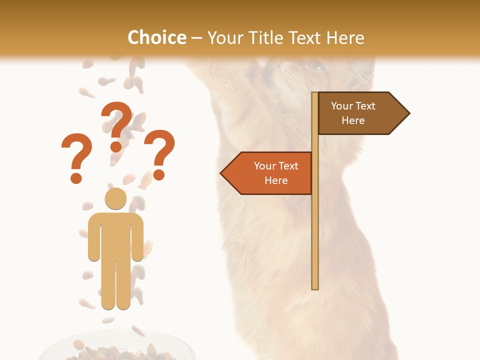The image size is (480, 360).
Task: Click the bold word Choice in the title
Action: pyautogui.click(x=156, y=37)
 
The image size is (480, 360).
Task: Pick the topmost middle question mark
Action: pyautogui.click(x=116, y=125)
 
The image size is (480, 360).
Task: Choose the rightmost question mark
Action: pyautogui.click(x=159, y=152)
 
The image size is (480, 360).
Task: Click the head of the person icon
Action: pyautogui.click(x=115, y=198)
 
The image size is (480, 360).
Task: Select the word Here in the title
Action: pyautogui.click(x=345, y=37)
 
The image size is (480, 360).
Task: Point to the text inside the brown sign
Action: pyautogui.click(x=353, y=113)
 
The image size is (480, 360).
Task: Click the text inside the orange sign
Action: pyautogui.click(x=276, y=173)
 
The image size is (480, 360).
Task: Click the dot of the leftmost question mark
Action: pyautogui.click(x=76, y=177)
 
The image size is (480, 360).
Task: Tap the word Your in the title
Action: pyautogui.click(x=224, y=37)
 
